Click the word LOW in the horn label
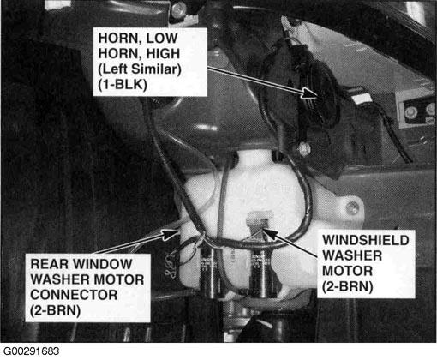[x=162, y=39]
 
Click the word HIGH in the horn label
[x=163, y=54]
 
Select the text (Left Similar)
[x=140, y=69]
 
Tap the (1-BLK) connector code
[x=123, y=85]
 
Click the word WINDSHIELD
[x=366, y=240]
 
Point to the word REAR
[x=49, y=264]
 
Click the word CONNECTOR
[x=74, y=295]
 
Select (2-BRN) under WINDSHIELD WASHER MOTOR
[x=348, y=286]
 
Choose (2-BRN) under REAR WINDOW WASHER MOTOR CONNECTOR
[x=56, y=310]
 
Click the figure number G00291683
[x=31, y=351]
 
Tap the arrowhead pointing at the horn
[x=310, y=93]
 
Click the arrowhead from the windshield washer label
[x=270, y=233]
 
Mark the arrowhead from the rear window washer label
[x=171, y=234]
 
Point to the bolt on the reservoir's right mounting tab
[x=352, y=207]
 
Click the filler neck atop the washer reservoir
[x=255, y=159]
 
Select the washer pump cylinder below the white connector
[x=263, y=273]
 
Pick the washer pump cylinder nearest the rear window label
[x=212, y=273]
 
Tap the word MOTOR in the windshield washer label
[x=348, y=271]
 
